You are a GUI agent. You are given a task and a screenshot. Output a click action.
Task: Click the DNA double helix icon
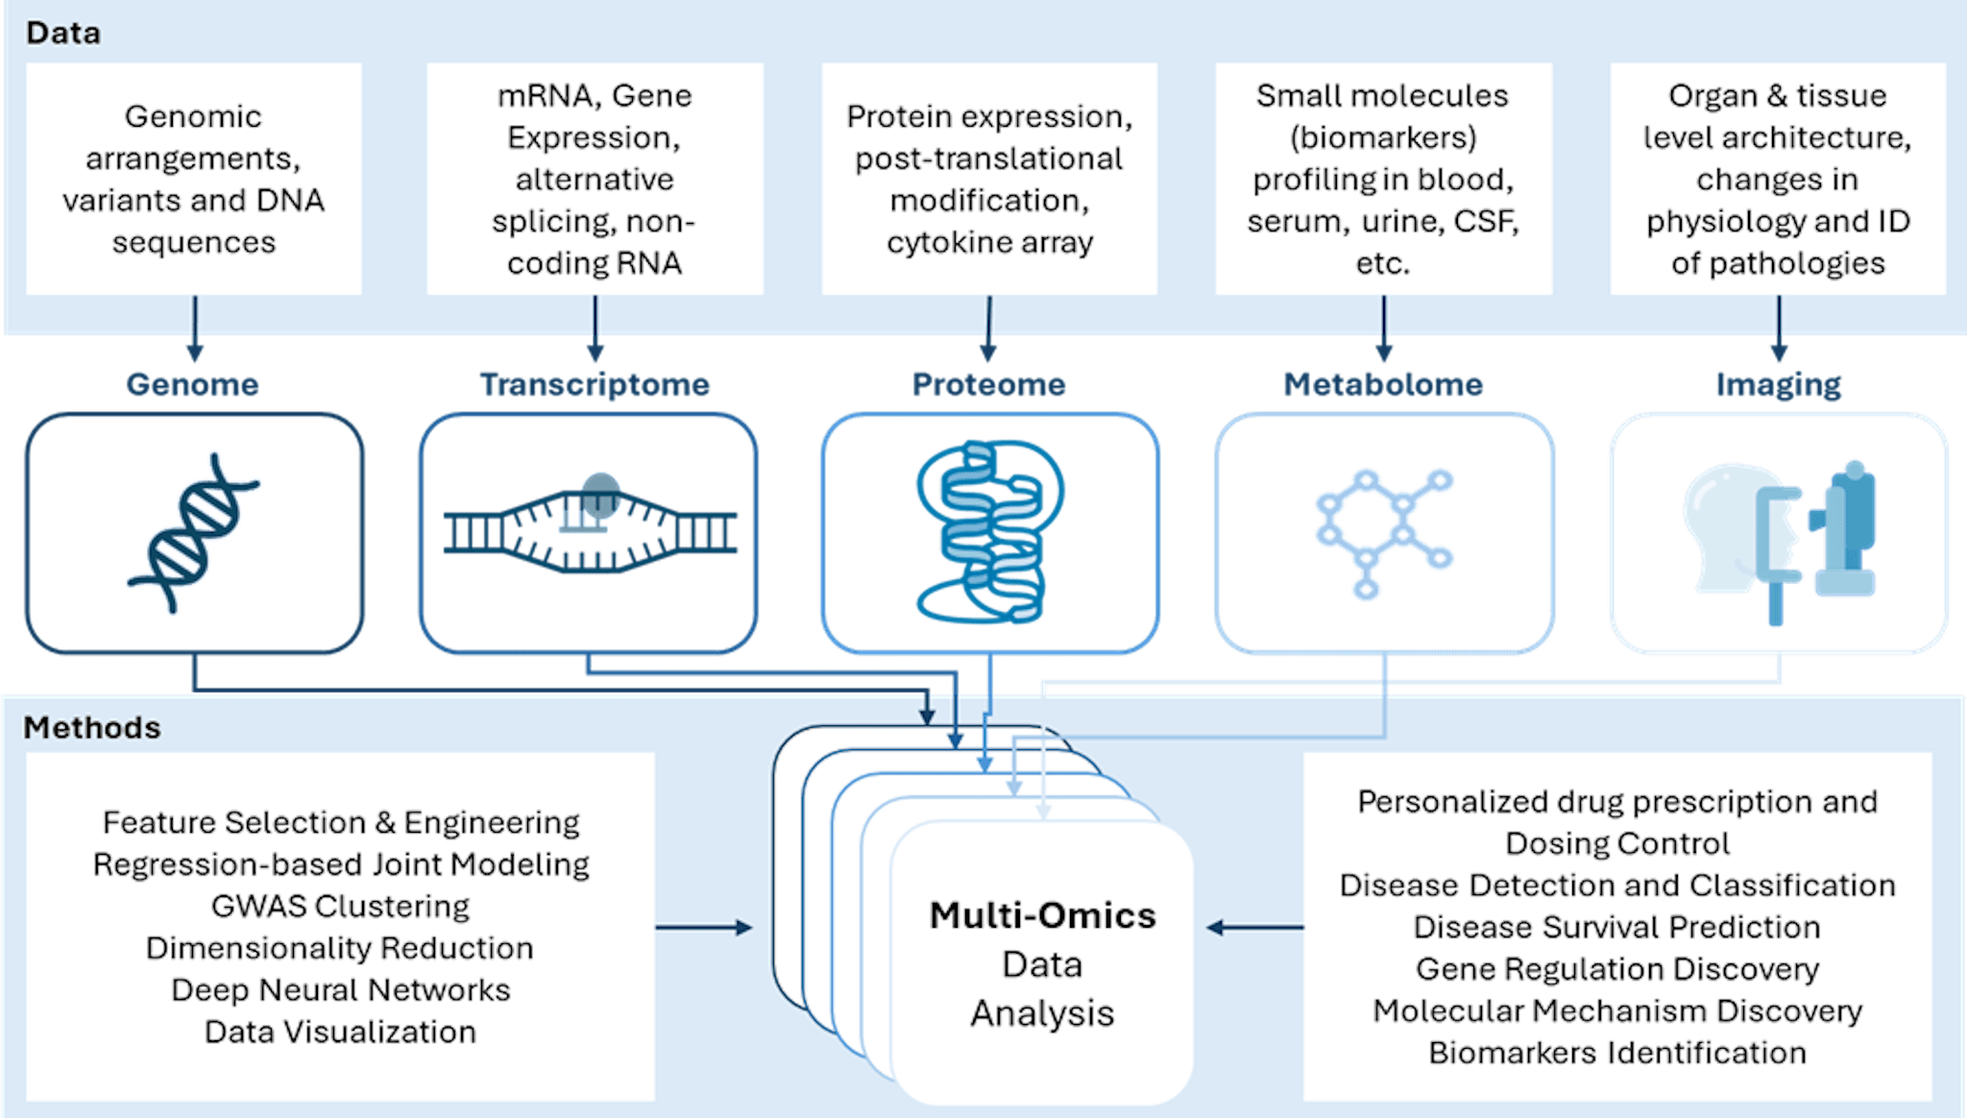[x=193, y=533]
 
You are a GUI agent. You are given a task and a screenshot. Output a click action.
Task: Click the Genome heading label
[x=192, y=384]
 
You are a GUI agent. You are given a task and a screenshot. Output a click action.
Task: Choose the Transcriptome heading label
[x=595, y=384]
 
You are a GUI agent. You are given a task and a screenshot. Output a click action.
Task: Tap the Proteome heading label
[x=988, y=384]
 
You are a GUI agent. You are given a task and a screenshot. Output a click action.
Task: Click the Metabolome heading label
[x=1383, y=384]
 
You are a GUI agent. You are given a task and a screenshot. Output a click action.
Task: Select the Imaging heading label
[x=1779, y=384]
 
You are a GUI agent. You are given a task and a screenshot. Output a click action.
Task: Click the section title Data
[x=63, y=34]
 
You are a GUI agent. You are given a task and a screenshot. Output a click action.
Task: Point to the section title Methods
[x=92, y=728]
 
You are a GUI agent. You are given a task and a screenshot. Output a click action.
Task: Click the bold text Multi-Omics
[x=1042, y=915]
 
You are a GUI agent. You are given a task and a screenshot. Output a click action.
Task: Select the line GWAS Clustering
[x=340, y=906]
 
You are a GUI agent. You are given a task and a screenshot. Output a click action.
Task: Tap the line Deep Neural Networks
[x=340, y=989]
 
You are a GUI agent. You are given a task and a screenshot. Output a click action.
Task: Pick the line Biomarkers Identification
[x=1617, y=1053]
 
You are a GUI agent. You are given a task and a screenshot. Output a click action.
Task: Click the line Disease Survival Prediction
[x=1617, y=927]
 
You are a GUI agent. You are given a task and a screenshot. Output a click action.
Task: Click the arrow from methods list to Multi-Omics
[x=703, y=928]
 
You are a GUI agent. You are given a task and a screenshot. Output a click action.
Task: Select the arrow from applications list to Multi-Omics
[x=1254, y=928]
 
